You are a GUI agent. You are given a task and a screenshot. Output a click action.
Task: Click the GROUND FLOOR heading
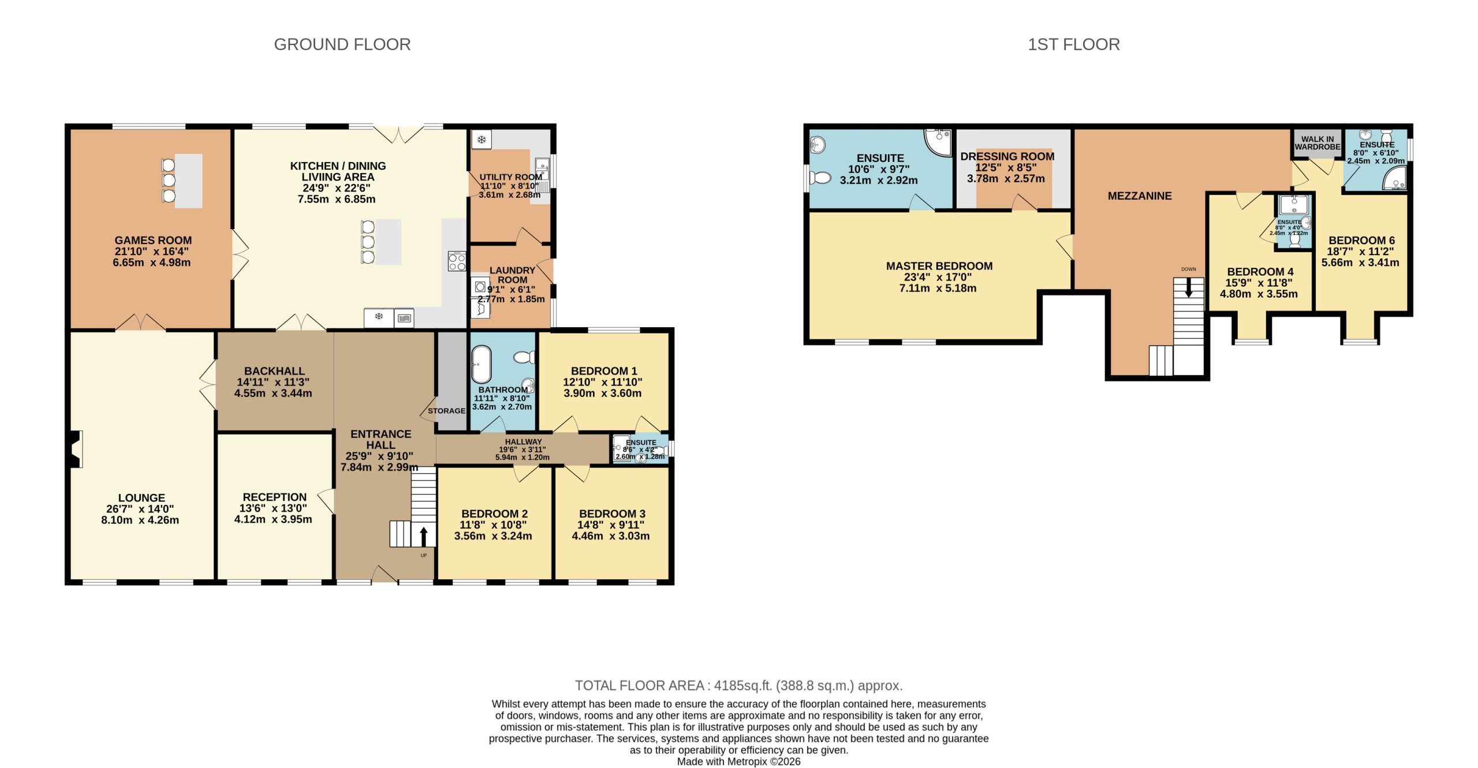click(x=342, y=44)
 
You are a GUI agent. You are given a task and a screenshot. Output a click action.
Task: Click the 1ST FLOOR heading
click(x=1073, y=44)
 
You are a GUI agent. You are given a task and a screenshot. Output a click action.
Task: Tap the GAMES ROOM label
click(x=153, y=240)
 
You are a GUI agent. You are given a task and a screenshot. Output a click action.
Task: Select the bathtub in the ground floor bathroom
click(x=481, y=364)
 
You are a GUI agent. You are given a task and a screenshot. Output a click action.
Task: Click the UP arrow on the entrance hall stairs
click(x=424, y=536)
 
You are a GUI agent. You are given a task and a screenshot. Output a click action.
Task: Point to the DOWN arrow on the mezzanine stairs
click(x=1188, y=288)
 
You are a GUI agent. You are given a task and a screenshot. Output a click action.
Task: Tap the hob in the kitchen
click(x=457, y=261)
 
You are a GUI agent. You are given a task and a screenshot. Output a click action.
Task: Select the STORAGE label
click(x=446, y=411)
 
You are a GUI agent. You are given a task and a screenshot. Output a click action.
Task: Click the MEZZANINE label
click(x=1139, y=196)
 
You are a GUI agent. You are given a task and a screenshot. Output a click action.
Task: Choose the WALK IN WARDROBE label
click(x=1317, y=143)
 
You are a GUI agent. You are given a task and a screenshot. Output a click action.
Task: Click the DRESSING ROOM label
click(x=1007, y=156)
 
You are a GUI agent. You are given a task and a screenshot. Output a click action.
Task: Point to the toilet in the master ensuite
click(x=820, y=177)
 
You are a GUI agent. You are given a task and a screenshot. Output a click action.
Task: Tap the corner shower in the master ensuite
click(x=939, y=142)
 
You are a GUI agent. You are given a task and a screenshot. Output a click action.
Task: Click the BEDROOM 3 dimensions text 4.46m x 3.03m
click(x=610, y=535)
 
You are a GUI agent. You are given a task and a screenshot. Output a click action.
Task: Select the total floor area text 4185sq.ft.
click(x=738, y=685)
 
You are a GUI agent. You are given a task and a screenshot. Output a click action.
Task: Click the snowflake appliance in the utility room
click(x=481, y=139)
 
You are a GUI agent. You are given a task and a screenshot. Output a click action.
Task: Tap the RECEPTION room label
click(x=274, y=497)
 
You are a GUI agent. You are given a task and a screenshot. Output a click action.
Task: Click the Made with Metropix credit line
click(x=738, y=761)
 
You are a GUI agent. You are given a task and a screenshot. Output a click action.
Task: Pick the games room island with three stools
click(x=188, y=181)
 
